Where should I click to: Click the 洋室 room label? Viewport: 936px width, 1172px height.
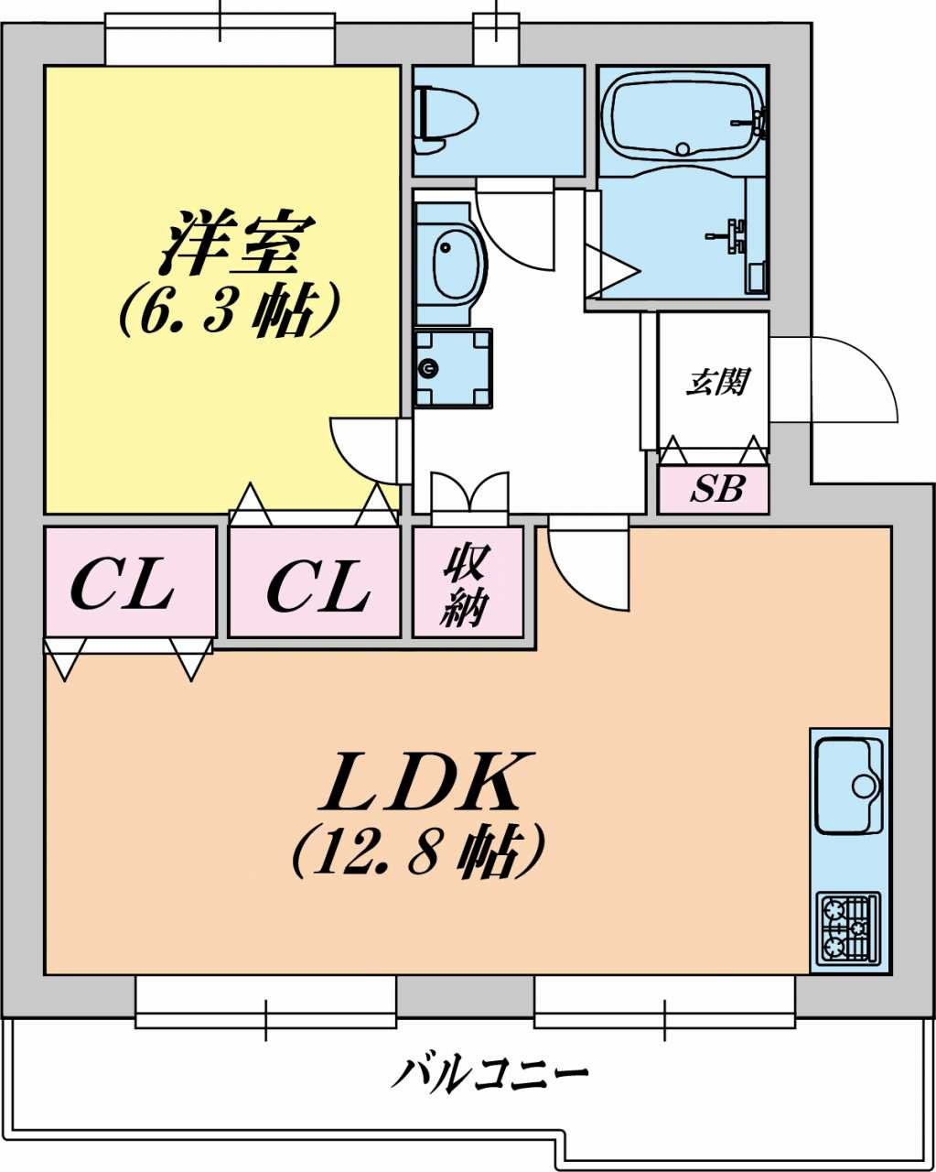pyautogui.click(x=237, y=244)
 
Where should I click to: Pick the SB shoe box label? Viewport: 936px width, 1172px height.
pyautogui.click(x=715, y=490)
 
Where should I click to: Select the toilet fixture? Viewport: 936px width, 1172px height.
pyautogui.click(x=446, y=119)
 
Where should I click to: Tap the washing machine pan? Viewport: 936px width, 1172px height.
pyautogui.click(x=452, y=368)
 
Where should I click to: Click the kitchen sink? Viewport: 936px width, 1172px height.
pyautogui.click(x=847, y=784)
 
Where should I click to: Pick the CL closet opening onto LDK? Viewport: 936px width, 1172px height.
pyautogui.click(x=130, y=583)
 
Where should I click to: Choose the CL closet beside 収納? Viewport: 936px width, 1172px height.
pyautogui.click(x=317, y=585)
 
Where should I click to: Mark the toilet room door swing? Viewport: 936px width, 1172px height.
pyautogui.click(x=516, y=229)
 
